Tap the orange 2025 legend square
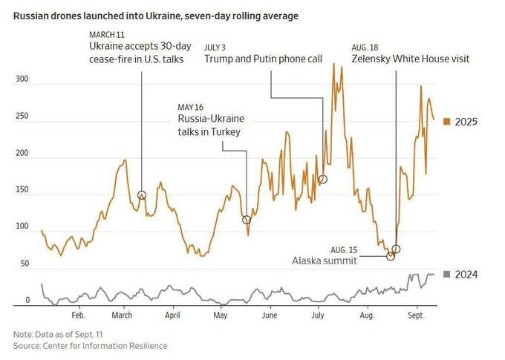446,121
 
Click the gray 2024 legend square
446,275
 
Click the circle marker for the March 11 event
142,194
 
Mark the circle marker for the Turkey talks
247,220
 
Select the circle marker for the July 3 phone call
323,180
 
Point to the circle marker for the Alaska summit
391,256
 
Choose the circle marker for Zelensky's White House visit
396,249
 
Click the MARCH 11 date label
107,35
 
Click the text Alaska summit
325,261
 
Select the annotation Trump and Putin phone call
263,59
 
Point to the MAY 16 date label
190,106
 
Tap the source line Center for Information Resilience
90,346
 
